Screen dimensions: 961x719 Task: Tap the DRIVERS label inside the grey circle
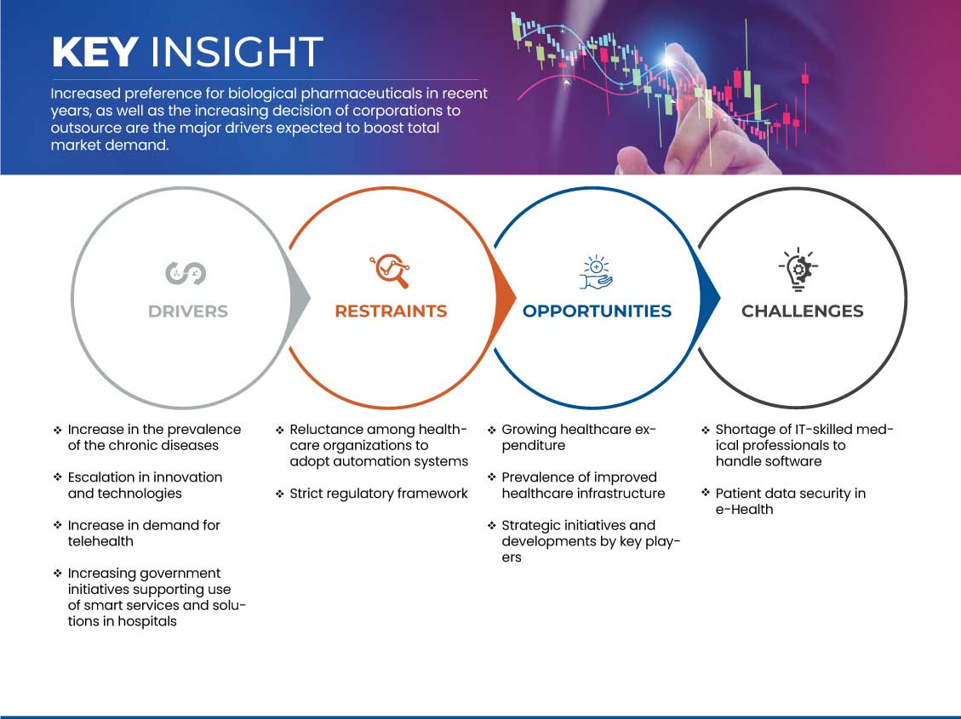(x=188, y=311)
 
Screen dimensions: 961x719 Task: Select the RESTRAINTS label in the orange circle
(x=391, y=311)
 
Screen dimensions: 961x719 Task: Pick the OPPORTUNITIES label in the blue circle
(x=597, y=311)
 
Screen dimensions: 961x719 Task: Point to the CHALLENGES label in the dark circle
(x=803, y=311)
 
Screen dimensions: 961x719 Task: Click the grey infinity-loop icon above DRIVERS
(x=186, y=273)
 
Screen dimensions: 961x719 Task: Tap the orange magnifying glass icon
(x=390, y=270)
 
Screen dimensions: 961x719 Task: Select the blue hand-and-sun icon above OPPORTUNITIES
(x=596, y=272)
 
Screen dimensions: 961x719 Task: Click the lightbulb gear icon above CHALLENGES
(x=798, y=269)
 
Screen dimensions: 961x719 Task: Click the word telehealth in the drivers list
(x=100, y=541)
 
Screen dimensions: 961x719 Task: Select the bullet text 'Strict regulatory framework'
(x=379, y=494)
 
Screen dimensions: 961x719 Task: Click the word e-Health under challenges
(x=744, y=510)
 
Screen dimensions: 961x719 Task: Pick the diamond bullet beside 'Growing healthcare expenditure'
(x=491, y=430)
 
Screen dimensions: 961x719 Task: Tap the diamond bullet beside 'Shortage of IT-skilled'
(x=706, y=430)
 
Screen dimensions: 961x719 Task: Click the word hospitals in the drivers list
(x=147, y=622)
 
